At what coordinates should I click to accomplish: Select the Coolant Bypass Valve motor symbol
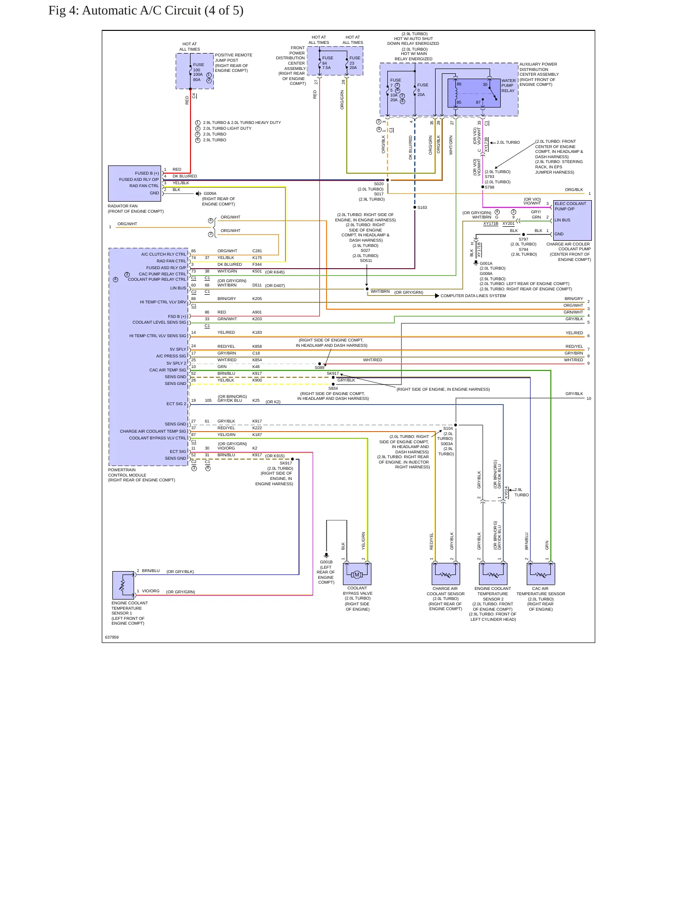[357, 574]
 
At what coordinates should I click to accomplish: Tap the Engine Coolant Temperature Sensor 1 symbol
[123, 585]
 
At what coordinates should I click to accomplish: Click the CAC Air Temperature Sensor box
[541, 574]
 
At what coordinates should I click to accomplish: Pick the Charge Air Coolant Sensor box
[446, 574]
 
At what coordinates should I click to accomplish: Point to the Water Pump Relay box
[474, 93]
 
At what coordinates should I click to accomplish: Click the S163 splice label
[422, 208]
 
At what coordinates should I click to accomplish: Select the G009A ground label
[210, 194]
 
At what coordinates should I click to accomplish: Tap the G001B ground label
[326, 562]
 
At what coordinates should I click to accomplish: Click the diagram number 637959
[112, 637]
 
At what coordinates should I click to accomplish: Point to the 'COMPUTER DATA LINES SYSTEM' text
[473, 296]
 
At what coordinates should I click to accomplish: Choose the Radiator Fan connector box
[135, 184]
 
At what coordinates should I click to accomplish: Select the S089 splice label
[319, 368]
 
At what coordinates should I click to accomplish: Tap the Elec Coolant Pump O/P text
[570, 206]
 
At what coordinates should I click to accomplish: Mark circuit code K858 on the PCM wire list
[257, 346]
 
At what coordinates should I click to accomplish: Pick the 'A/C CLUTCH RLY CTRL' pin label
[163, 254]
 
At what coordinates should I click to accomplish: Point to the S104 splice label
[448, 428]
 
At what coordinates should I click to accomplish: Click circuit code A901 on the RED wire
[257, 312]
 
